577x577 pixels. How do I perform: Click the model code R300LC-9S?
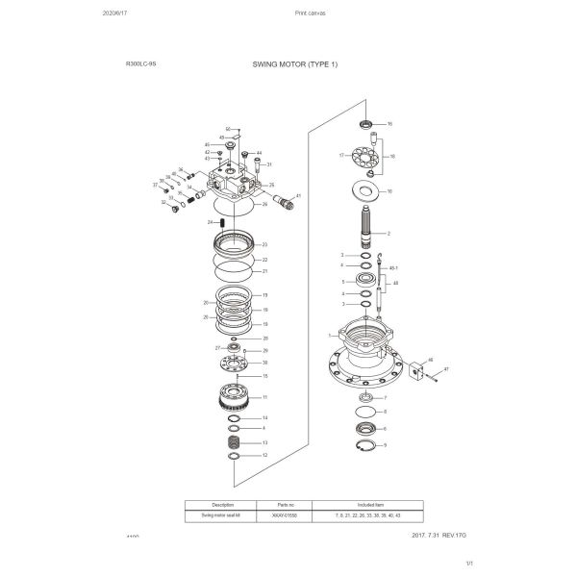coord(141,63)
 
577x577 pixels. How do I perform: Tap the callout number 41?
coord(299,196)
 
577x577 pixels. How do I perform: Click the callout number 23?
coord(264,245)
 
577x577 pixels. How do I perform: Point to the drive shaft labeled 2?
coord(366,232)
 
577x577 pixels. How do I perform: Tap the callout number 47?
coord(445,369)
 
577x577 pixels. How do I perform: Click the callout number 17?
coord(341,155)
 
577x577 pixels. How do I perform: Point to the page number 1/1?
coord(469,563)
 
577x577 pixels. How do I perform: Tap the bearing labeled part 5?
coord(366,281)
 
